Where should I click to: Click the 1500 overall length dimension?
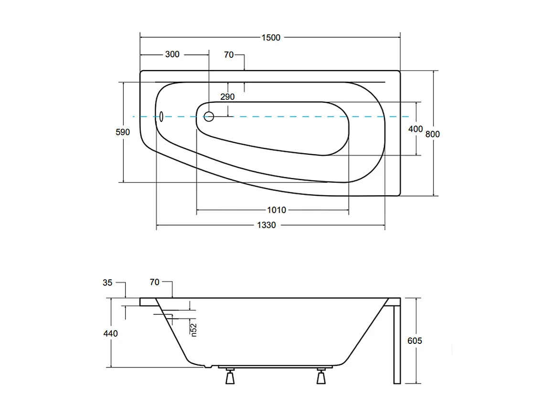pyautogui.click(x=270, y=38)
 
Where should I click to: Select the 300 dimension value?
pyautogui.click(x=172, y=54)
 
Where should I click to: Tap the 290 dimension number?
pyautogui.click(x=227, y=96)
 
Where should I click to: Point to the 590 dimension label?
pyautogui.click(x=123, y=132)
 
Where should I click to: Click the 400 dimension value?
pyautogui.click(x=416, y=129)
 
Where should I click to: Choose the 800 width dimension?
pyautogui.click(x=432, y=134)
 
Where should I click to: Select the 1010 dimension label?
pyautogui.click(x=276, y=210)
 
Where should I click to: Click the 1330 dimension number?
pyautogui.click(x=267, y=225)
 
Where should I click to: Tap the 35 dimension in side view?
pyautogui.click(x=107, y=283)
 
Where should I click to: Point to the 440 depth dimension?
pyautogui.click(x=110, y=333)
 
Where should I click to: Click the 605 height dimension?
pyautogui.click(x=415, y=341)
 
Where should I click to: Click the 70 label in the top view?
pyautogui.click(x=229, y=55)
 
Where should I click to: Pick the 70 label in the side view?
pyautogui.click(x=154, y=282)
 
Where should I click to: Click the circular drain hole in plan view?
pyautogui.click(x=209, y=116)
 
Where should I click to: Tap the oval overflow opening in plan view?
pyautogui.click(x=161, y=116)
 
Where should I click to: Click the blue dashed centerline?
pyautogui.click(x=287, y=117)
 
